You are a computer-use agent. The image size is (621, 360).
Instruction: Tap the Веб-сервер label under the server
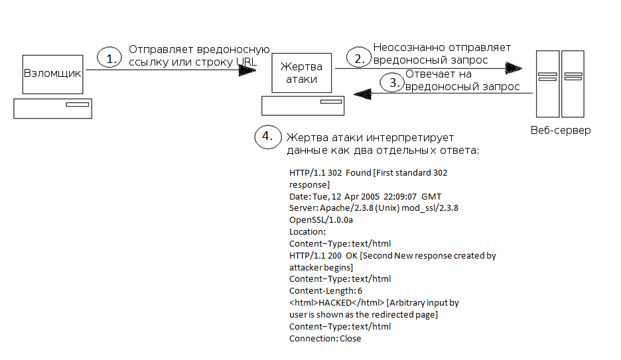pos(561,130)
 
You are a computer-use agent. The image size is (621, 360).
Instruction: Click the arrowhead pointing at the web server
pos(514,68)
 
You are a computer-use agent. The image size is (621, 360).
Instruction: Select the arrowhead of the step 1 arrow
pos(247,70)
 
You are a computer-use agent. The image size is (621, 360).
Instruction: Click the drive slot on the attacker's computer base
pos(77,105)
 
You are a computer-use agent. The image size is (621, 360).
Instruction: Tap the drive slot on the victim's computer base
pos(331,101)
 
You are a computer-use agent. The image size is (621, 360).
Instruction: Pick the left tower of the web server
pos(548,84)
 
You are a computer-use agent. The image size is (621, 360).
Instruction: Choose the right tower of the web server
pos(573,84)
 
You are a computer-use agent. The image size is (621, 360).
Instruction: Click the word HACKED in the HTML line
pos(335,302)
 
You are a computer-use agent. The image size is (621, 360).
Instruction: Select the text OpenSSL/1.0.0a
pos(321,220)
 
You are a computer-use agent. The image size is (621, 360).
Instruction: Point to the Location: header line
pos(307,232)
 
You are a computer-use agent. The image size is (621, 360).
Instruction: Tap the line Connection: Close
pos(325,339)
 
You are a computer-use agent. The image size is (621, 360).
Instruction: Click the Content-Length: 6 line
pos(326,291)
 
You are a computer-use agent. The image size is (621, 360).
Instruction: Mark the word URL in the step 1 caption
pos(246,62)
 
